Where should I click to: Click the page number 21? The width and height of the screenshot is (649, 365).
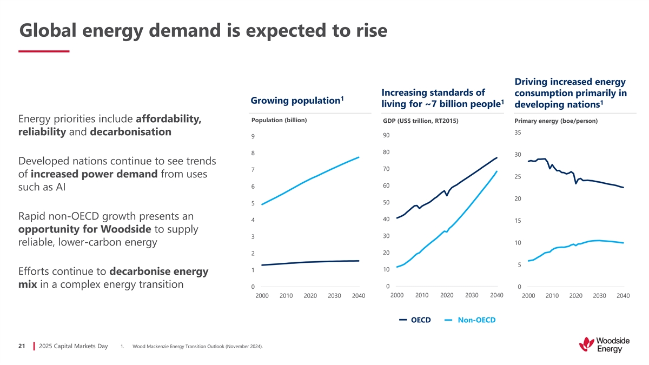click(x=22, y=346)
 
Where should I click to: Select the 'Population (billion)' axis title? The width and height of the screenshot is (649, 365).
click(x=279, y=120)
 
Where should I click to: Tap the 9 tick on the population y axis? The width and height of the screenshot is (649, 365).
click(x=253, y=137)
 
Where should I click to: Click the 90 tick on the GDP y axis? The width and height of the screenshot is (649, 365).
click(x=386, y=135)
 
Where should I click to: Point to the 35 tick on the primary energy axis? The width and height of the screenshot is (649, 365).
click(x=518, y=132)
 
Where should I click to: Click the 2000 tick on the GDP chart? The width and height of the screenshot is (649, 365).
click(x=397, y=295)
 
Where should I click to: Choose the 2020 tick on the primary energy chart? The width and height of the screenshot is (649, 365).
click(x=575, y=296)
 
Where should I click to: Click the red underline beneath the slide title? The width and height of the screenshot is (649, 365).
click(x=44, y=51)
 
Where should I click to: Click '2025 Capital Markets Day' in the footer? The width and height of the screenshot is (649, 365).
click(x=74, y=346)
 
